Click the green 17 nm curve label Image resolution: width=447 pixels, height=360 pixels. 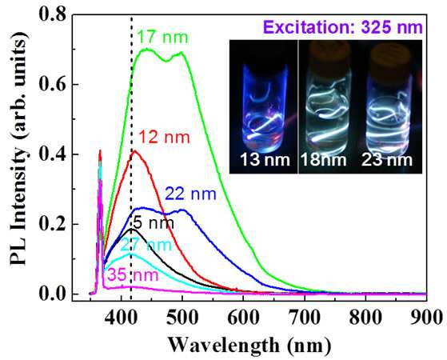click(x=163, y=38)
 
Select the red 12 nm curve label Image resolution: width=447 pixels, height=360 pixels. click(x=165, y=138)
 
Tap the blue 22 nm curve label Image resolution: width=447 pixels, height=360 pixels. click(x=191, y=194)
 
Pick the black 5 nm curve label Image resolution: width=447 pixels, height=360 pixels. click(x=154, y=223)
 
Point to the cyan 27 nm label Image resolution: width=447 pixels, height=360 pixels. click(x=146, y=245)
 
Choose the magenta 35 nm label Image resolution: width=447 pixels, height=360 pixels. click(x=133, y=275)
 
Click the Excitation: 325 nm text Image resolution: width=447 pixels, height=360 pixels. click(x=343, y=28)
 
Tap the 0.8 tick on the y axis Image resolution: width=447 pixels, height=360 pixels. click(x=51, y=14)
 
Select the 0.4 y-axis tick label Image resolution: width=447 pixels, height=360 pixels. click(x=51, y=154)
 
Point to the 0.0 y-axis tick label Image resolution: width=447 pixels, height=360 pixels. click(x=51, y=294)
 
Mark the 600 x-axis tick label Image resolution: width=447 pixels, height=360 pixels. click(x=243, y=317)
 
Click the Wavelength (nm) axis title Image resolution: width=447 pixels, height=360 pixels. click(x=249, y=346)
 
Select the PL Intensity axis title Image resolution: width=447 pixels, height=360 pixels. click(x=19, y=148)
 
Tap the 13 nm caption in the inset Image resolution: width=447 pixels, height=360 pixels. click(x=265, y=160)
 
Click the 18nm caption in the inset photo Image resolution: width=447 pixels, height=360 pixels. click(x=324, y=160)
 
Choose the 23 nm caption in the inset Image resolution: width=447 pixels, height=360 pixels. click(x=387, y=160)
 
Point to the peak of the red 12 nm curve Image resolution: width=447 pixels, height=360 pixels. click(x=135, y=150)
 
